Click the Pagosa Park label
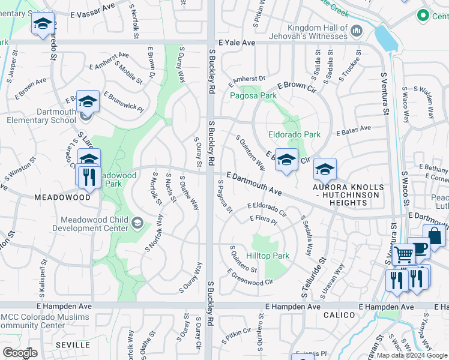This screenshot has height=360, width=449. tap(253, 95)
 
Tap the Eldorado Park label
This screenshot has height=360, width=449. tap(294, 135)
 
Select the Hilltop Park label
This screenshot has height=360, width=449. tap(268, 256)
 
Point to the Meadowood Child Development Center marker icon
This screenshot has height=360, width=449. tap(137, 224)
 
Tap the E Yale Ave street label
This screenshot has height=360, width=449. tap(237, 43)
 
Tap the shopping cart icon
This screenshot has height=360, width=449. tap(403, 255)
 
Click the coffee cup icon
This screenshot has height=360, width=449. tap(418, 248)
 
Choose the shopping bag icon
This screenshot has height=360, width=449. tap(434, 235)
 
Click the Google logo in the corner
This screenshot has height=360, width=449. tap(20, 353)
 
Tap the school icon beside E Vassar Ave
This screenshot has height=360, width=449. tap(43, 23)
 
